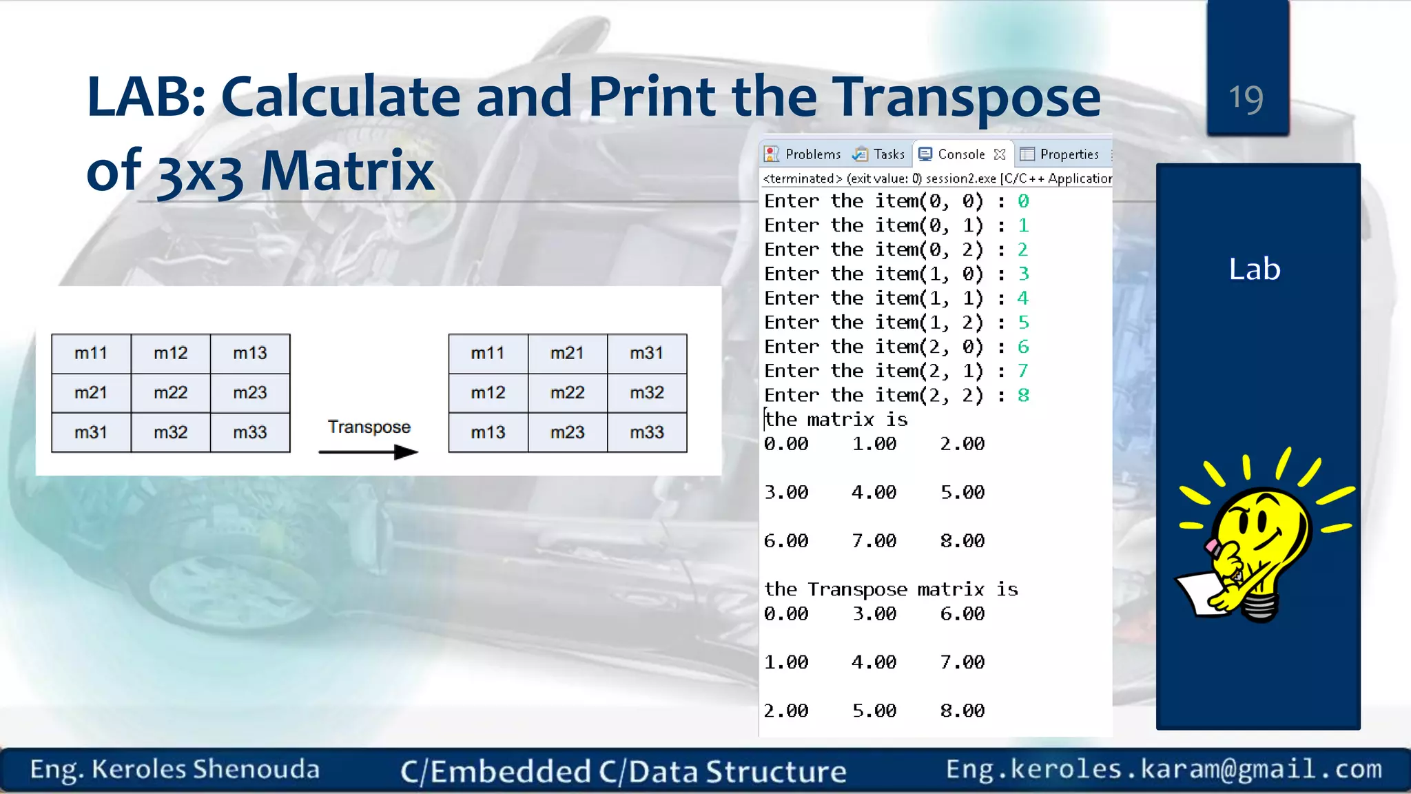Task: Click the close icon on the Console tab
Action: click(1000, 154)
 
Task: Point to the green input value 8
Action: click(1023, 396)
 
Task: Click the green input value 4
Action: click(1022, 298)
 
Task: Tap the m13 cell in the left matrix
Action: click(249, 354)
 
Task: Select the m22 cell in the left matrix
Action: click(170, 393)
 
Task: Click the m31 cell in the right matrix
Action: click(646, 354)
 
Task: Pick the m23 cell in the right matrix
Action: click(567, 433)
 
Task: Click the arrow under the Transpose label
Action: click(369, 452)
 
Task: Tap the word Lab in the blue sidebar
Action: click(1254, 269)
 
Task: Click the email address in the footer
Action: click(1164, 769)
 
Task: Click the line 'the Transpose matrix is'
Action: click(890, 589)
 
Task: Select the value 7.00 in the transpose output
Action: click(962, 662)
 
